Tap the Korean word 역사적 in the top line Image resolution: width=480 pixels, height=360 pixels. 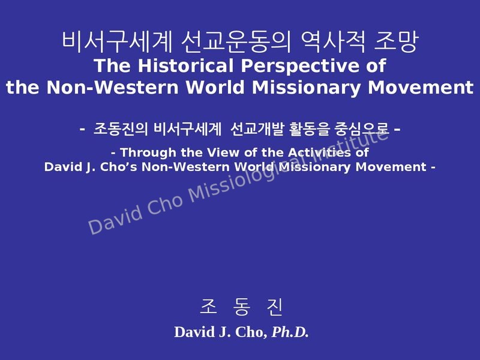[333, 42]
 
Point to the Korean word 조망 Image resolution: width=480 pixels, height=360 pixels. [395, 42]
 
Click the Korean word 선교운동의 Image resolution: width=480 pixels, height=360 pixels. [235, 42]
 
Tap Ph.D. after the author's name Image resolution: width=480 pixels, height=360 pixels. [290, 332]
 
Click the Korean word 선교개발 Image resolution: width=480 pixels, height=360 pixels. [257, 129]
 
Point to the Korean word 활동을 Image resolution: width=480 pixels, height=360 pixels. [310, 129]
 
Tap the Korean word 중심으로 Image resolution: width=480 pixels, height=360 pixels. [362, 129]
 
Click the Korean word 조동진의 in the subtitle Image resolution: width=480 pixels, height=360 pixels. [121, 129]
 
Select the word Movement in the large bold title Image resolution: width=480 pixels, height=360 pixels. [421, 88]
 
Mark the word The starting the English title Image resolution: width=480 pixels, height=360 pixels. [112, 65]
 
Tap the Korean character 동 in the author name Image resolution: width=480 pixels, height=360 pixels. [242, 307]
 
